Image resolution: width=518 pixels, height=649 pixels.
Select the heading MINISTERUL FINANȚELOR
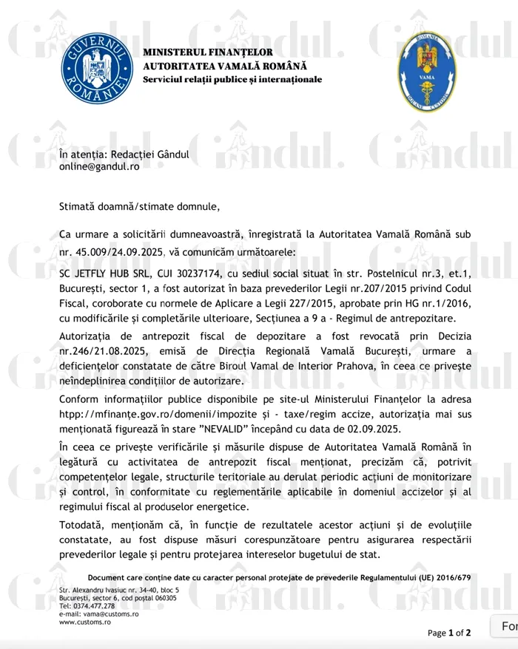tap(208, 52)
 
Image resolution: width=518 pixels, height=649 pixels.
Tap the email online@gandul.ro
tap(98, 166)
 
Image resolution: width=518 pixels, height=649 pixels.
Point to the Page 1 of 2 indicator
tap(448, 633)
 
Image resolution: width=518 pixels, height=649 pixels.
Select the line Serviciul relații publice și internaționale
tap(232, 79)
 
